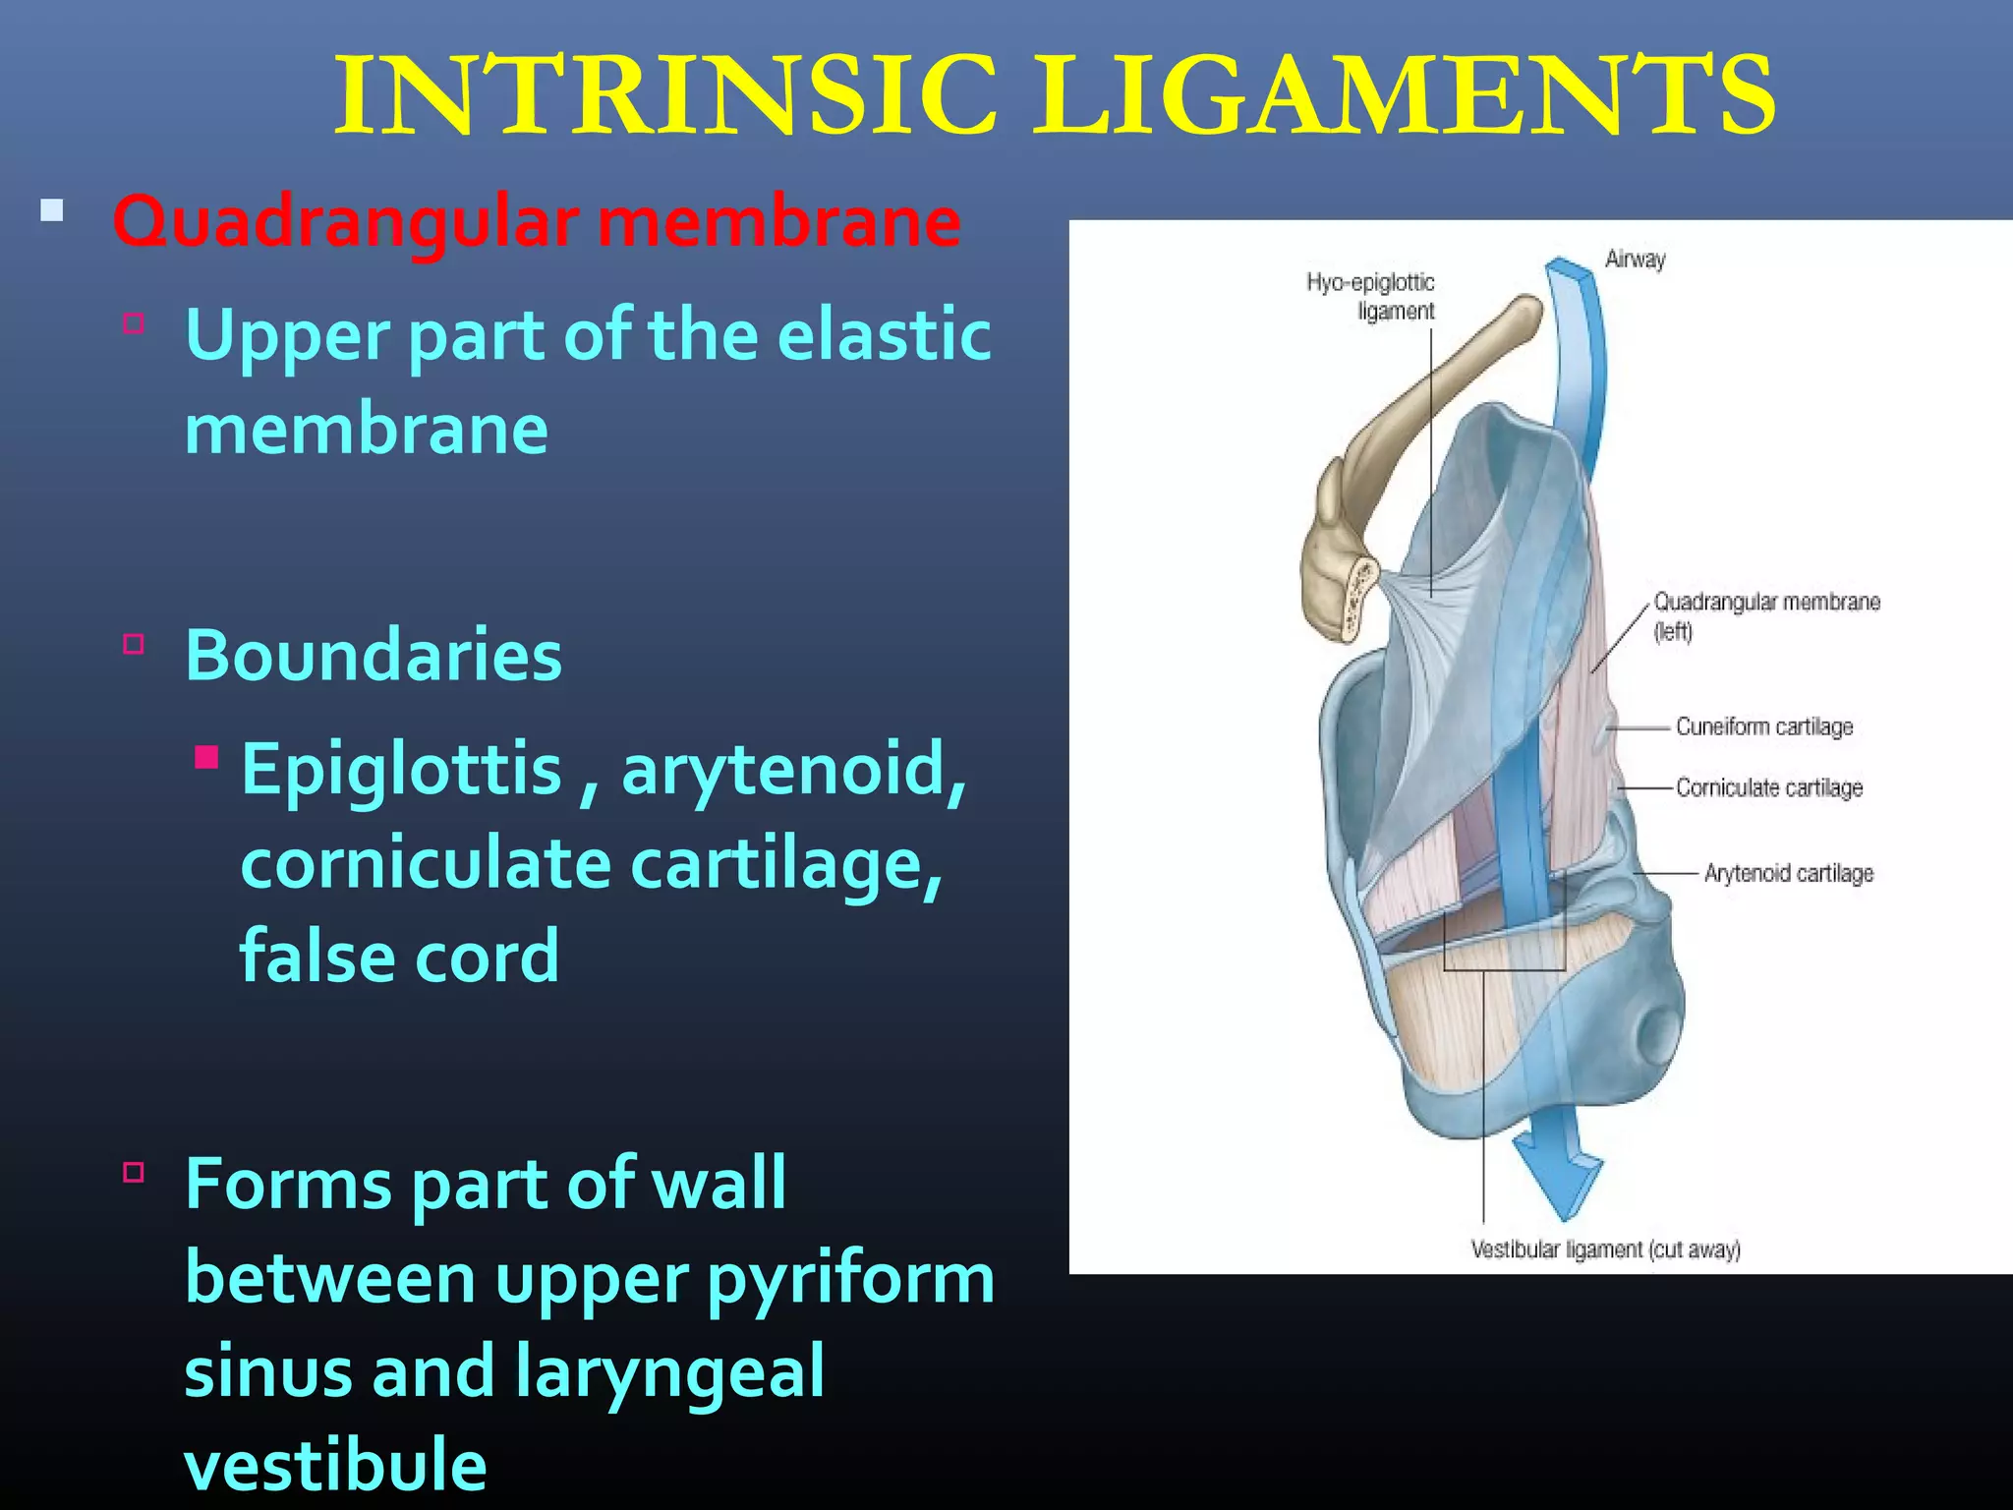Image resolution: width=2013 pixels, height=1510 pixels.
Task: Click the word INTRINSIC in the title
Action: click(665, 95)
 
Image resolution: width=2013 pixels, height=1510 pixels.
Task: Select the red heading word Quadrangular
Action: click(345, 222)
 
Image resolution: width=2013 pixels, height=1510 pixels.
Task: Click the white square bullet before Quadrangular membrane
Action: click(52, 210)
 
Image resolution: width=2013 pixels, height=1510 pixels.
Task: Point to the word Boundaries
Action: click(374, 655)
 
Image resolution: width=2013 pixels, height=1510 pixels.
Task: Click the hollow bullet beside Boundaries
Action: click(134, 645)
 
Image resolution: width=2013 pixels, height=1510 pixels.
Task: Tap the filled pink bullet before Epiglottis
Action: click(206, 757)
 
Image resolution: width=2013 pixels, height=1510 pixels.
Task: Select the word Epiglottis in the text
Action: click(401, 769)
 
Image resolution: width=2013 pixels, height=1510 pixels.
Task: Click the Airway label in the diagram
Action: click(1635, 260)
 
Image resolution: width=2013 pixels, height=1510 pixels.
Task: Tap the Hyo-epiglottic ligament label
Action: click(1372, 296)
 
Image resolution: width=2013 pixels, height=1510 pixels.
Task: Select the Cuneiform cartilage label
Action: click(1764, 726)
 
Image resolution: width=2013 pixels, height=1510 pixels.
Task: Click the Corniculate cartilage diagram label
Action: click(1769, 787)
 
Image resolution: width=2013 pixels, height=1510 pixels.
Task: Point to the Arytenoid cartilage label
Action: click(1789, 873)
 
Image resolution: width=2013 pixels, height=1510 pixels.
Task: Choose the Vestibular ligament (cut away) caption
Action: click(1605, 1249)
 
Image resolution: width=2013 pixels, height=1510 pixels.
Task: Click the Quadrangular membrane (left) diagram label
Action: click(1765, 615)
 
